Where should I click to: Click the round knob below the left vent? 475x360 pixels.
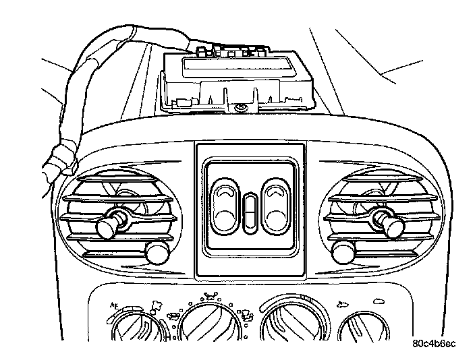156,253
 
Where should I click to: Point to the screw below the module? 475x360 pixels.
241,108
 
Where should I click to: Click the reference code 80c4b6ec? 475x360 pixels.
434,343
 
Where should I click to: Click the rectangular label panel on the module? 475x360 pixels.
237,67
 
